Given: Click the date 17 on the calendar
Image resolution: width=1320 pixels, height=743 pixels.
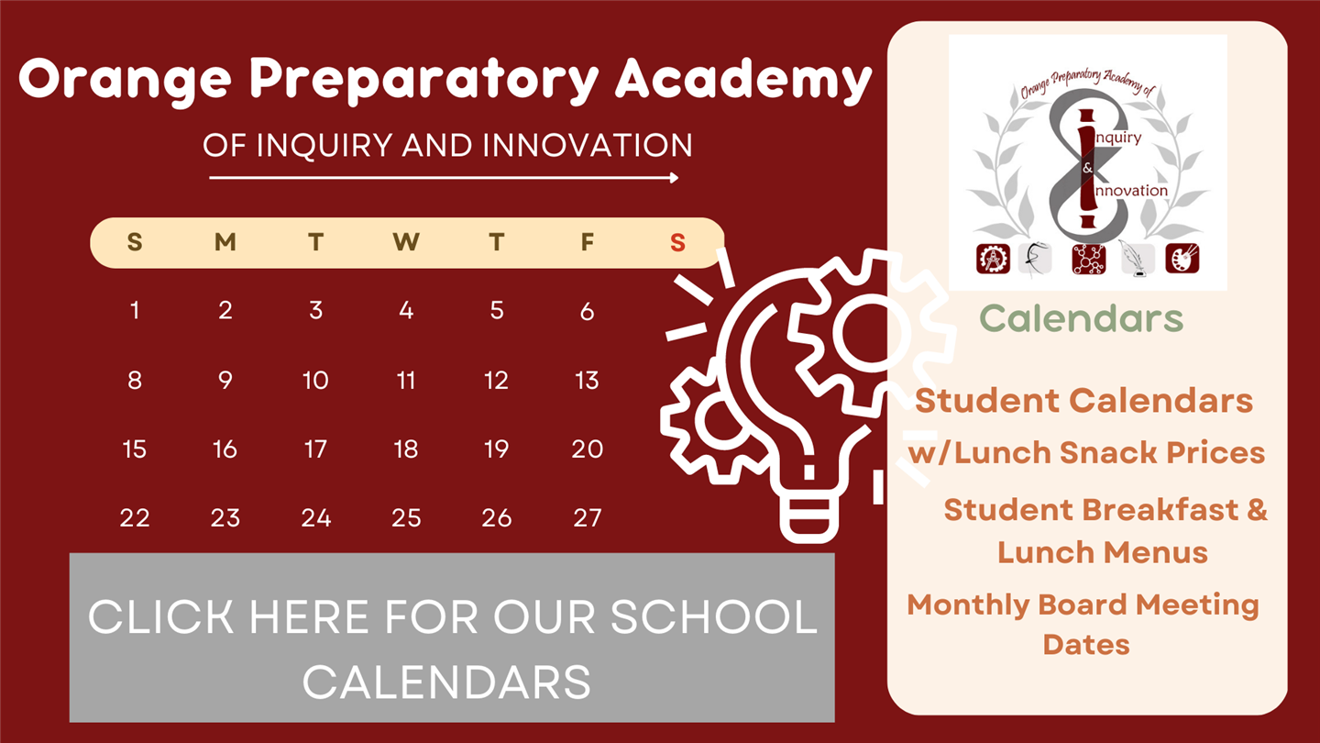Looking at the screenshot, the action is coord(316,449).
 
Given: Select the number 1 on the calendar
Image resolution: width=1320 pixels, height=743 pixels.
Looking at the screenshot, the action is coord(135,310).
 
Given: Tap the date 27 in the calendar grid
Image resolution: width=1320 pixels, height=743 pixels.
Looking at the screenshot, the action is coord(587,517).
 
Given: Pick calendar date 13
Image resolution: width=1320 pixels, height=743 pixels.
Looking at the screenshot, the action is coord(587,381).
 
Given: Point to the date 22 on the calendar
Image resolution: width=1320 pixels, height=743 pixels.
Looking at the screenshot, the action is coord(135,517).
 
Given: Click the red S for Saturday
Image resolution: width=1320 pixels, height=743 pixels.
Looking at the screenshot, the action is coord(677,242).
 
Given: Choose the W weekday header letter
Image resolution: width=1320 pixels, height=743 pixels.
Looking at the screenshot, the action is coord(406,242).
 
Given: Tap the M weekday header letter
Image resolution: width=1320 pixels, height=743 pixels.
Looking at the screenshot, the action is coord(225,242).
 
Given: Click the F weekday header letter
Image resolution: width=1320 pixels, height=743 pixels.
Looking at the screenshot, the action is coord(587,242).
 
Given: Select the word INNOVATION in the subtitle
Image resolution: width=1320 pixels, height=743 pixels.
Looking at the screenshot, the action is coord(587,145).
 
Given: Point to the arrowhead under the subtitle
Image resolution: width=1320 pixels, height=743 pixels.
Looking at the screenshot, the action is coord(674,178).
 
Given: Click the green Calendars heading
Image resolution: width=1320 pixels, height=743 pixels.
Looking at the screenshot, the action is coord(1082,318).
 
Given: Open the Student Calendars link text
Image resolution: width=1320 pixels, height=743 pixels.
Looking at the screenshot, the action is coord(1083,401).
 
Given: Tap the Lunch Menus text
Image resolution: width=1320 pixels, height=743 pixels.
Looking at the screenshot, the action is coord(1103,552).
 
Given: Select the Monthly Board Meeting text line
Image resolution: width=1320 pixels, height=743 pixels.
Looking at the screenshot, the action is coord(1083,605).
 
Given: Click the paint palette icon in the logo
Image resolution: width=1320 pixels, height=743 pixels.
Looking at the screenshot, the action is coord(1182,259).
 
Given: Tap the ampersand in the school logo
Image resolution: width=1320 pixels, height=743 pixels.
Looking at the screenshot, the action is coord(1087,168).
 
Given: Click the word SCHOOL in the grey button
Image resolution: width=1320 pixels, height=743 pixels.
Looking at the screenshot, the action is coord(713,616).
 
